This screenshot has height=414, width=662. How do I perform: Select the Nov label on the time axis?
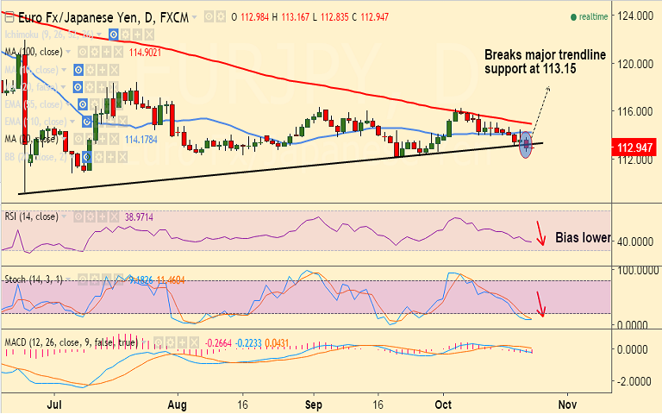(x=566, y=403)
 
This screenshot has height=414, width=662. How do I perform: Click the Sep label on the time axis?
(x=313, y=403)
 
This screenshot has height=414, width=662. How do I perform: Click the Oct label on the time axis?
(x=444, y=403)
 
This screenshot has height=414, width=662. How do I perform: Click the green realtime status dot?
(x=573, y=17)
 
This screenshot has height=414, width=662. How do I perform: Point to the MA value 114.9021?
(x=146, y=53)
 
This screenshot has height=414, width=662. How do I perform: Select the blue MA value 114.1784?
(x=142, y=140)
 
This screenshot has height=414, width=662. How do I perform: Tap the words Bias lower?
(x=582, y=237)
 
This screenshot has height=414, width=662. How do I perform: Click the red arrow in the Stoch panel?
(x=540, y=304)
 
